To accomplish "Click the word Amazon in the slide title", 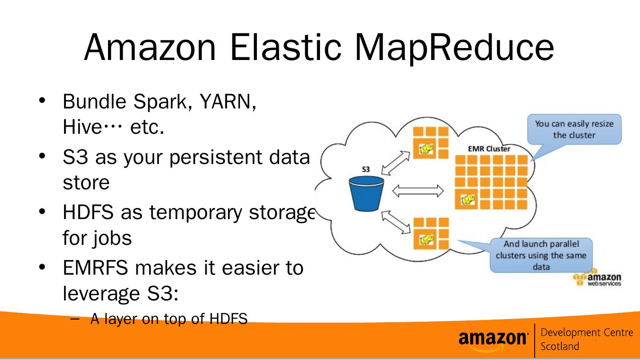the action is tap(150, 47).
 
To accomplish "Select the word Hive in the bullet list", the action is tap(82, 128).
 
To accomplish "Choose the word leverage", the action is tap(100, 293).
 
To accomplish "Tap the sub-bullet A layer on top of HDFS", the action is tap(168, 319).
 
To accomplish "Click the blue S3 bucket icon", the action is tap(366, 193).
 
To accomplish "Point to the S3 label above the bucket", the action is tap(366, 169).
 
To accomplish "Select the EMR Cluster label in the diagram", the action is tap(489, 149).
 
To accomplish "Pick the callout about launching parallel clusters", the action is tap(541, 255).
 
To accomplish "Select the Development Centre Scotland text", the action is tap(586, 339).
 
